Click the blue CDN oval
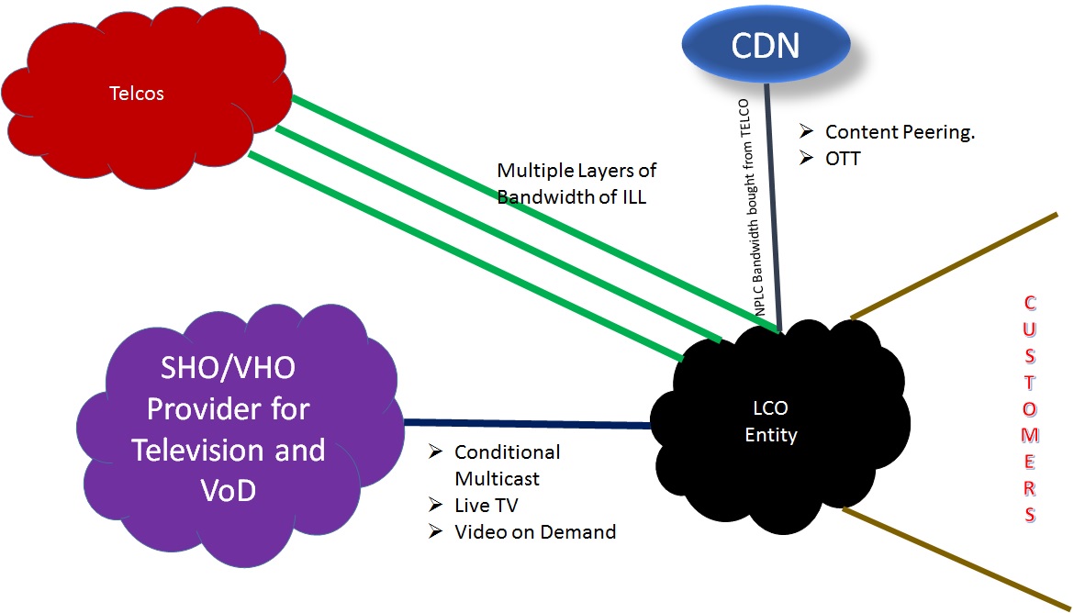[766, 45]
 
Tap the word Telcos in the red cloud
[137, 93]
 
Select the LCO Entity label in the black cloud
[770, 421]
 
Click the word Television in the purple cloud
[228, 451]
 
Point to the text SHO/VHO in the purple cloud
[228, 369]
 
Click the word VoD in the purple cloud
[228, 491]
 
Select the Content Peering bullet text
[899, 132]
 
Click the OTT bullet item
[843, 159]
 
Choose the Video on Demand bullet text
[535, 531]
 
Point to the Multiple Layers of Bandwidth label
[576, 183]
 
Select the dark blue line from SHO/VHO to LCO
[528, 424]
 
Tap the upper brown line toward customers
[955, 266]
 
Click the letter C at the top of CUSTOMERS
[1029, 302]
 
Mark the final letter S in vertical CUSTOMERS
[1029, 513]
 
